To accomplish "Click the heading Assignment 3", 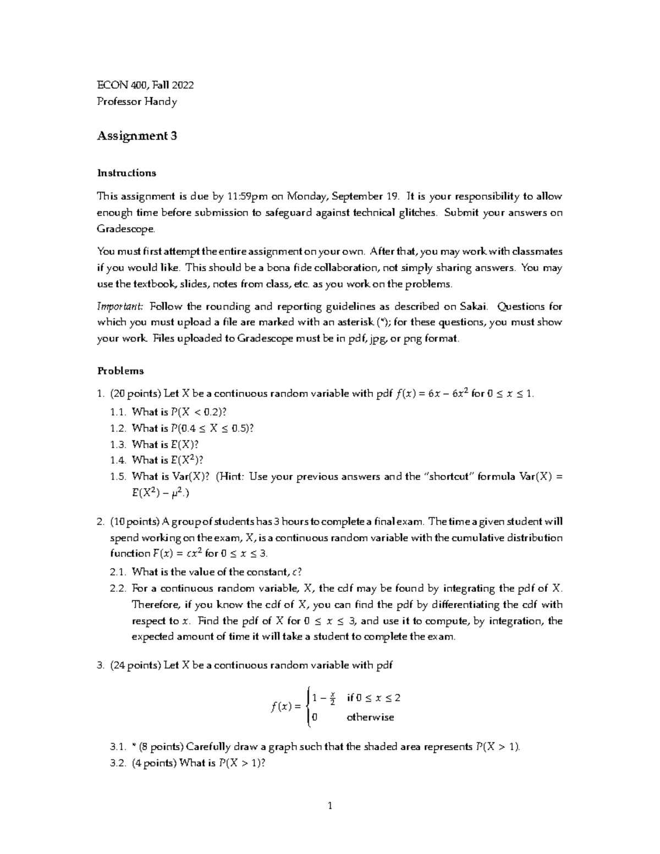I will [x=137, y=136].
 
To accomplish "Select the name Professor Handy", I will [x=137, y=102].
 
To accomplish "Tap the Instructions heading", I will [x=127, y=173].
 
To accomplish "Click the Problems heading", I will [x=120, y=371].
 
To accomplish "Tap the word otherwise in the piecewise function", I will [x=370, y=717].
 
